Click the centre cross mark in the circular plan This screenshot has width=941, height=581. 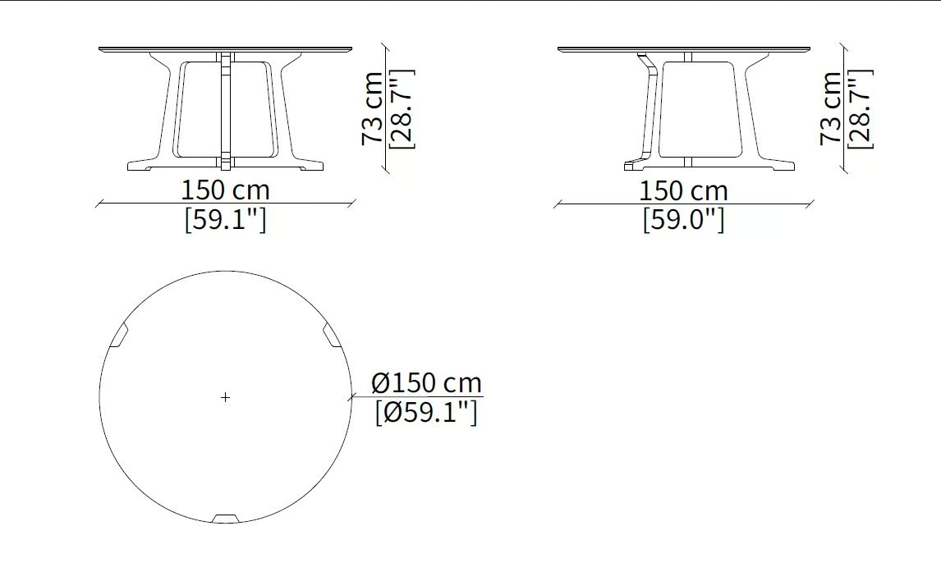[225, 397]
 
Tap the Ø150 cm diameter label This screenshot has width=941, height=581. [427, 382]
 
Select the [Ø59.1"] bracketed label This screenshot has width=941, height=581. [426, 412]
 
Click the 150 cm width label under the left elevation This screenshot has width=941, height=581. [225, 190]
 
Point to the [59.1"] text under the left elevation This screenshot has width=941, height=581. [225, 219]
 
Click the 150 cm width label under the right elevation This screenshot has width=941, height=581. [683, 190]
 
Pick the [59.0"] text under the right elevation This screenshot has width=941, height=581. [683, 219]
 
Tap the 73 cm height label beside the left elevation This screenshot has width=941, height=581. [373, 108]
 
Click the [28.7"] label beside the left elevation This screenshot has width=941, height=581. [402, 108]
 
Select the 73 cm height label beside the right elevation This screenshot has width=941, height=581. [831, 108]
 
